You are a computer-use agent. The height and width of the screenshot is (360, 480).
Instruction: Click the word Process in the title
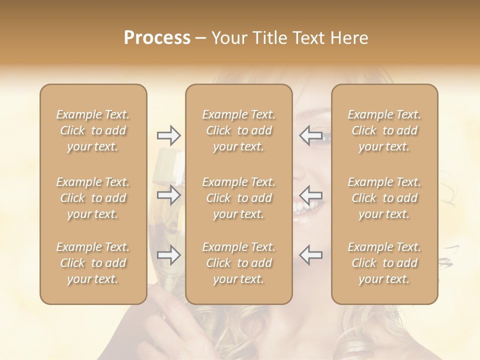(157, 38)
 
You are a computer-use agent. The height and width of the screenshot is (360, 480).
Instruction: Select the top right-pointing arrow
(169, 135)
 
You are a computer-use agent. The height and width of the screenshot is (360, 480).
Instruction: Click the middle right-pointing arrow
(169, 195)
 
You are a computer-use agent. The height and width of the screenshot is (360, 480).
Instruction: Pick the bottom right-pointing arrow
(169, 255)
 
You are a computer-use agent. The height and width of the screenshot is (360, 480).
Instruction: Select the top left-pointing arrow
(310, 135)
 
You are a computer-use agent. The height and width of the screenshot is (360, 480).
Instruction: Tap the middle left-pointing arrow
(310, 195)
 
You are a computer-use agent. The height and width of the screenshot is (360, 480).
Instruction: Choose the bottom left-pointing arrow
(310, 255)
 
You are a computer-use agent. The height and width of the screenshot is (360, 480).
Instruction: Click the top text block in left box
(93, 130)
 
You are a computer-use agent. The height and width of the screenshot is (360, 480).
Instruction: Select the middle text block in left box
(93, 198)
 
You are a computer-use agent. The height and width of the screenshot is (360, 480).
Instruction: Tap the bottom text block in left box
(93, 263)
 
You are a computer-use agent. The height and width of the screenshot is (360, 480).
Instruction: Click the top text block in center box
(238, 130)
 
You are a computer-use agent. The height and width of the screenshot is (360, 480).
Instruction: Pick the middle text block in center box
(238, 198)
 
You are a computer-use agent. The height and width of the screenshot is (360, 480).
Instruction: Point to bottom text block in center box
(238, 263)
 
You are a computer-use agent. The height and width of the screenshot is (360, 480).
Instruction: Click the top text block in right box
(384, 130)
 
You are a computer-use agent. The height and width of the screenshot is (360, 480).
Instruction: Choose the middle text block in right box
(384, 198)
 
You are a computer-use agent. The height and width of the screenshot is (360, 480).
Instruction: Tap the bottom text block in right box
(384, 263)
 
